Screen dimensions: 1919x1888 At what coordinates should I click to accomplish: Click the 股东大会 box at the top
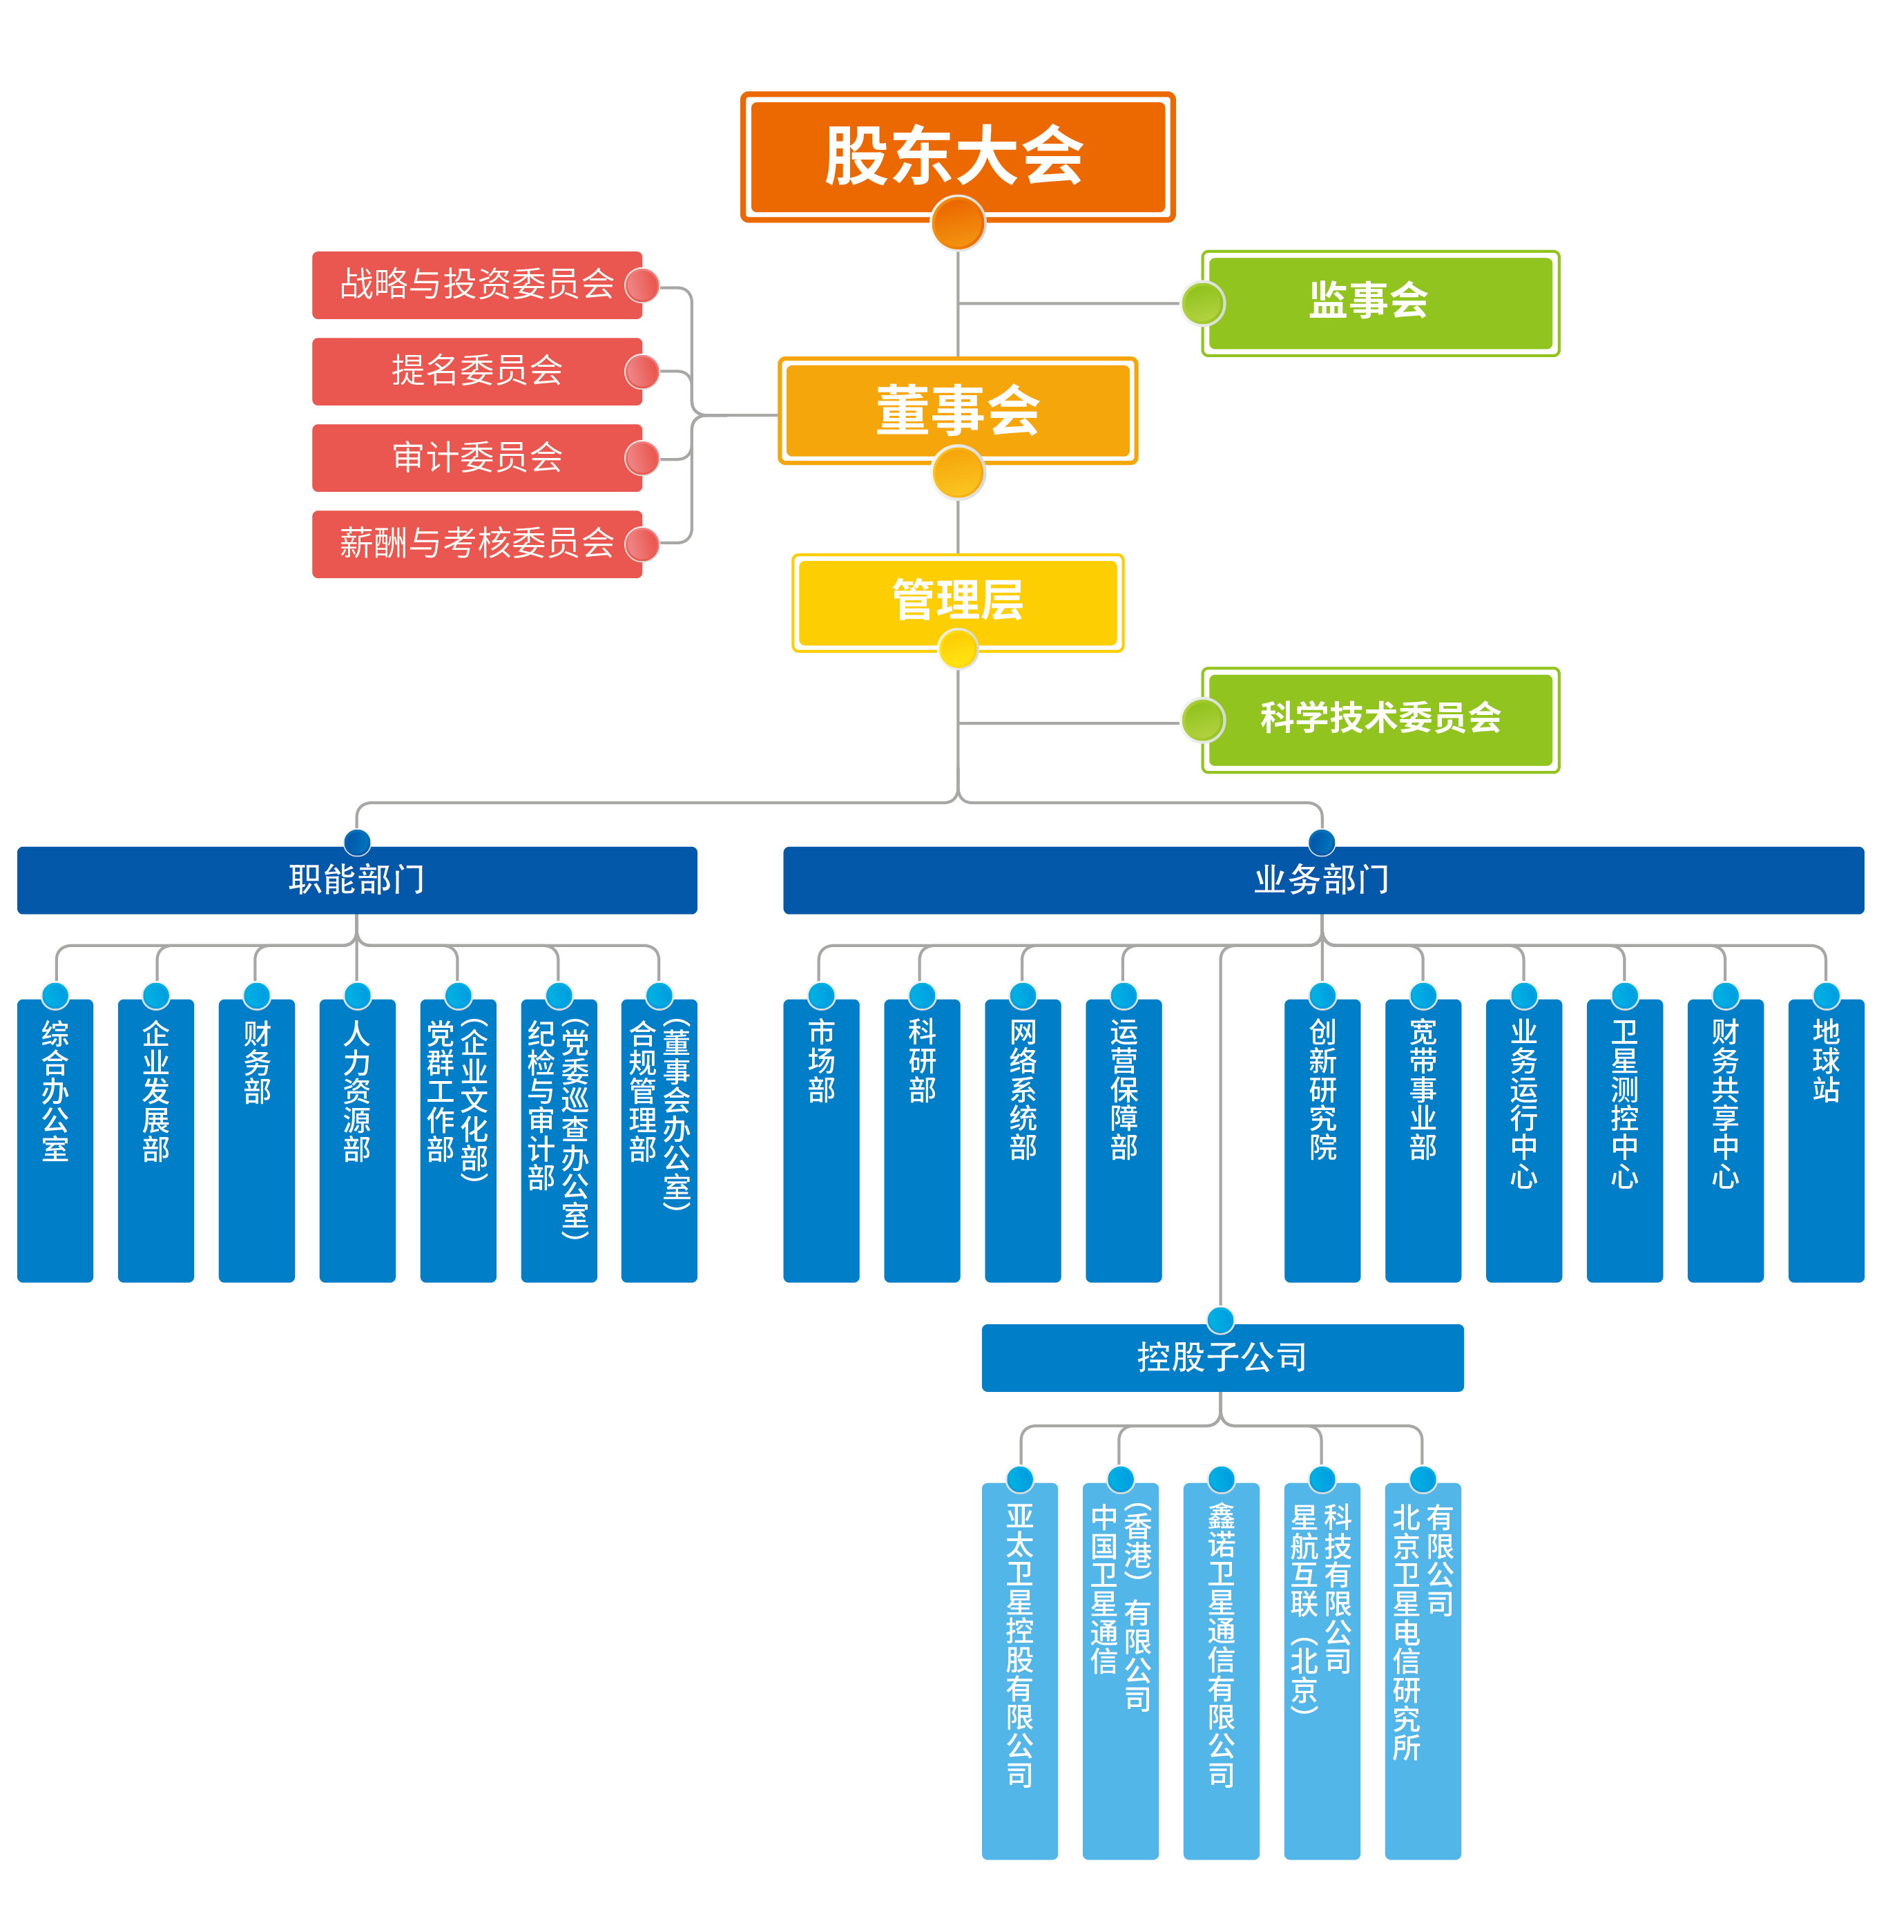point(957,155)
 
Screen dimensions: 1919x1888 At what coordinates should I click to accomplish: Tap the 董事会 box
point(957,410)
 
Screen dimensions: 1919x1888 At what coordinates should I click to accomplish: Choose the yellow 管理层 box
point(957,601)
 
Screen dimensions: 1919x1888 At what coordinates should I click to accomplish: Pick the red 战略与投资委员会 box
point(477,285)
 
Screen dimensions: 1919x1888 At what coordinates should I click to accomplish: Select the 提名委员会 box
point(477,371)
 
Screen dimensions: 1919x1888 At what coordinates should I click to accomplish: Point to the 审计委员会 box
point(477,457)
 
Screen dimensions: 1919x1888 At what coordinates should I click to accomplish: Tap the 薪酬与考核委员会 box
point(477,544)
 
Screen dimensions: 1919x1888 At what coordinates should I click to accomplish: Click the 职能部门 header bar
point(357,879)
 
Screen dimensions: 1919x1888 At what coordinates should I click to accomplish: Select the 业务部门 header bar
point(1323,879)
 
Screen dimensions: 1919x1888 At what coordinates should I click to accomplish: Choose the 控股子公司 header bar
point(1222,1357)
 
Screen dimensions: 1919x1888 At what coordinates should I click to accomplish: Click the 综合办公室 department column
point(55,1140)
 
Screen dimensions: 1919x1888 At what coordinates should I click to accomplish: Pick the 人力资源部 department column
point(357,1140)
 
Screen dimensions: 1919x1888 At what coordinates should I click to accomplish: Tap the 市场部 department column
point(821,1140)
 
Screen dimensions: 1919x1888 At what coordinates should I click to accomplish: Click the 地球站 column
point(1826,1140)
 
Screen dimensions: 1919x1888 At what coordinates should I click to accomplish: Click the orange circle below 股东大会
point(958,223)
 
